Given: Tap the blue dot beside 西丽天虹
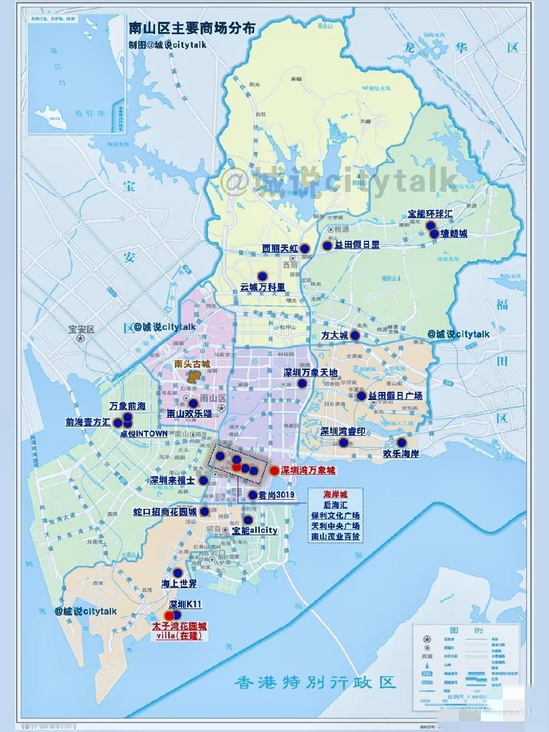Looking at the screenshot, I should (304, 248).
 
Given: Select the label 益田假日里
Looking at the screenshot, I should (357, 245).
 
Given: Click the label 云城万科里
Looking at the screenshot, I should (263, 287).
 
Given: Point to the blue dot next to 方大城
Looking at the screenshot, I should (355, 335).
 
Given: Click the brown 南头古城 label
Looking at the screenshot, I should (192, 364).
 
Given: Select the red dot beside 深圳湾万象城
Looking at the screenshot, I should (274, 471).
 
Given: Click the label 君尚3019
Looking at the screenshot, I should (277, 495).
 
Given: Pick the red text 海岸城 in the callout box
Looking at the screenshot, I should (335, 494).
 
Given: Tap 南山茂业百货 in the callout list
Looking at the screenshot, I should (335, 536).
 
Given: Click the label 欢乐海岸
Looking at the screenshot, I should (401, 453).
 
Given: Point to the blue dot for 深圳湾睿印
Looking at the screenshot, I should (343, 443).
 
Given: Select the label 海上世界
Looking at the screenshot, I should (179, 584).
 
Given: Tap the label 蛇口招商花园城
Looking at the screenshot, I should (165, 511).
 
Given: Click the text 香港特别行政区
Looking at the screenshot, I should (315, 683).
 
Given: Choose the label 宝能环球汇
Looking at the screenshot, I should (430, 214).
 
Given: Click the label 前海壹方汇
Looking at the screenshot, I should (88, 422).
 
